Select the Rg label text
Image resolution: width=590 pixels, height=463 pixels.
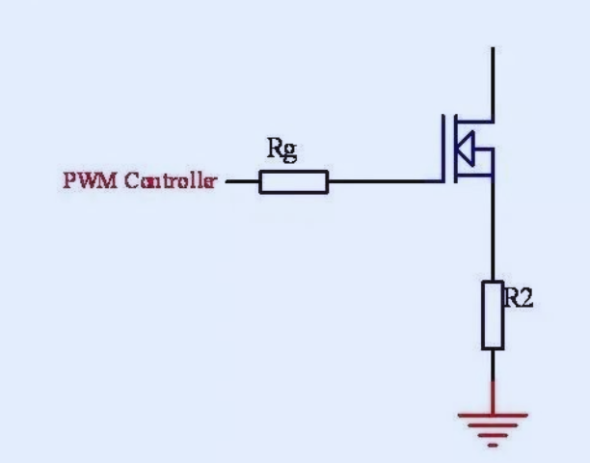[281, 150]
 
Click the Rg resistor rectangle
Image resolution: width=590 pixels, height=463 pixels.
[293, 181]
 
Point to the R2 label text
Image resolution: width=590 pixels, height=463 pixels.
[519, 299]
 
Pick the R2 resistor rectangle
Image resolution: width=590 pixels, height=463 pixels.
[493, 315]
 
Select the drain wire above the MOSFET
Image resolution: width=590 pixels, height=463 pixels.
[493, 82]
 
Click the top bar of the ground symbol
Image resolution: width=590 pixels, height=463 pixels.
[493, 416]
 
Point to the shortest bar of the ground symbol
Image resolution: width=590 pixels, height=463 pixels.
[493, 445]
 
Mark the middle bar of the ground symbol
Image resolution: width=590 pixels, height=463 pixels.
[493, 430]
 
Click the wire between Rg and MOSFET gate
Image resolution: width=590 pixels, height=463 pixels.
[386, 181]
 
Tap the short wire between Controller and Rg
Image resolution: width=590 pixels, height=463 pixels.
[242, 180]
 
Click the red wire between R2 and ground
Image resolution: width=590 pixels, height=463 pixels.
[493, 395]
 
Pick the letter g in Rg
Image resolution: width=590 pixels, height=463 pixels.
[289, 151]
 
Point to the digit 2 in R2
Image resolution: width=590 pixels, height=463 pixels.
[526, 299]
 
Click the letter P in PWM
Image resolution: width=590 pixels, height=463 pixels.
[68, 180]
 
